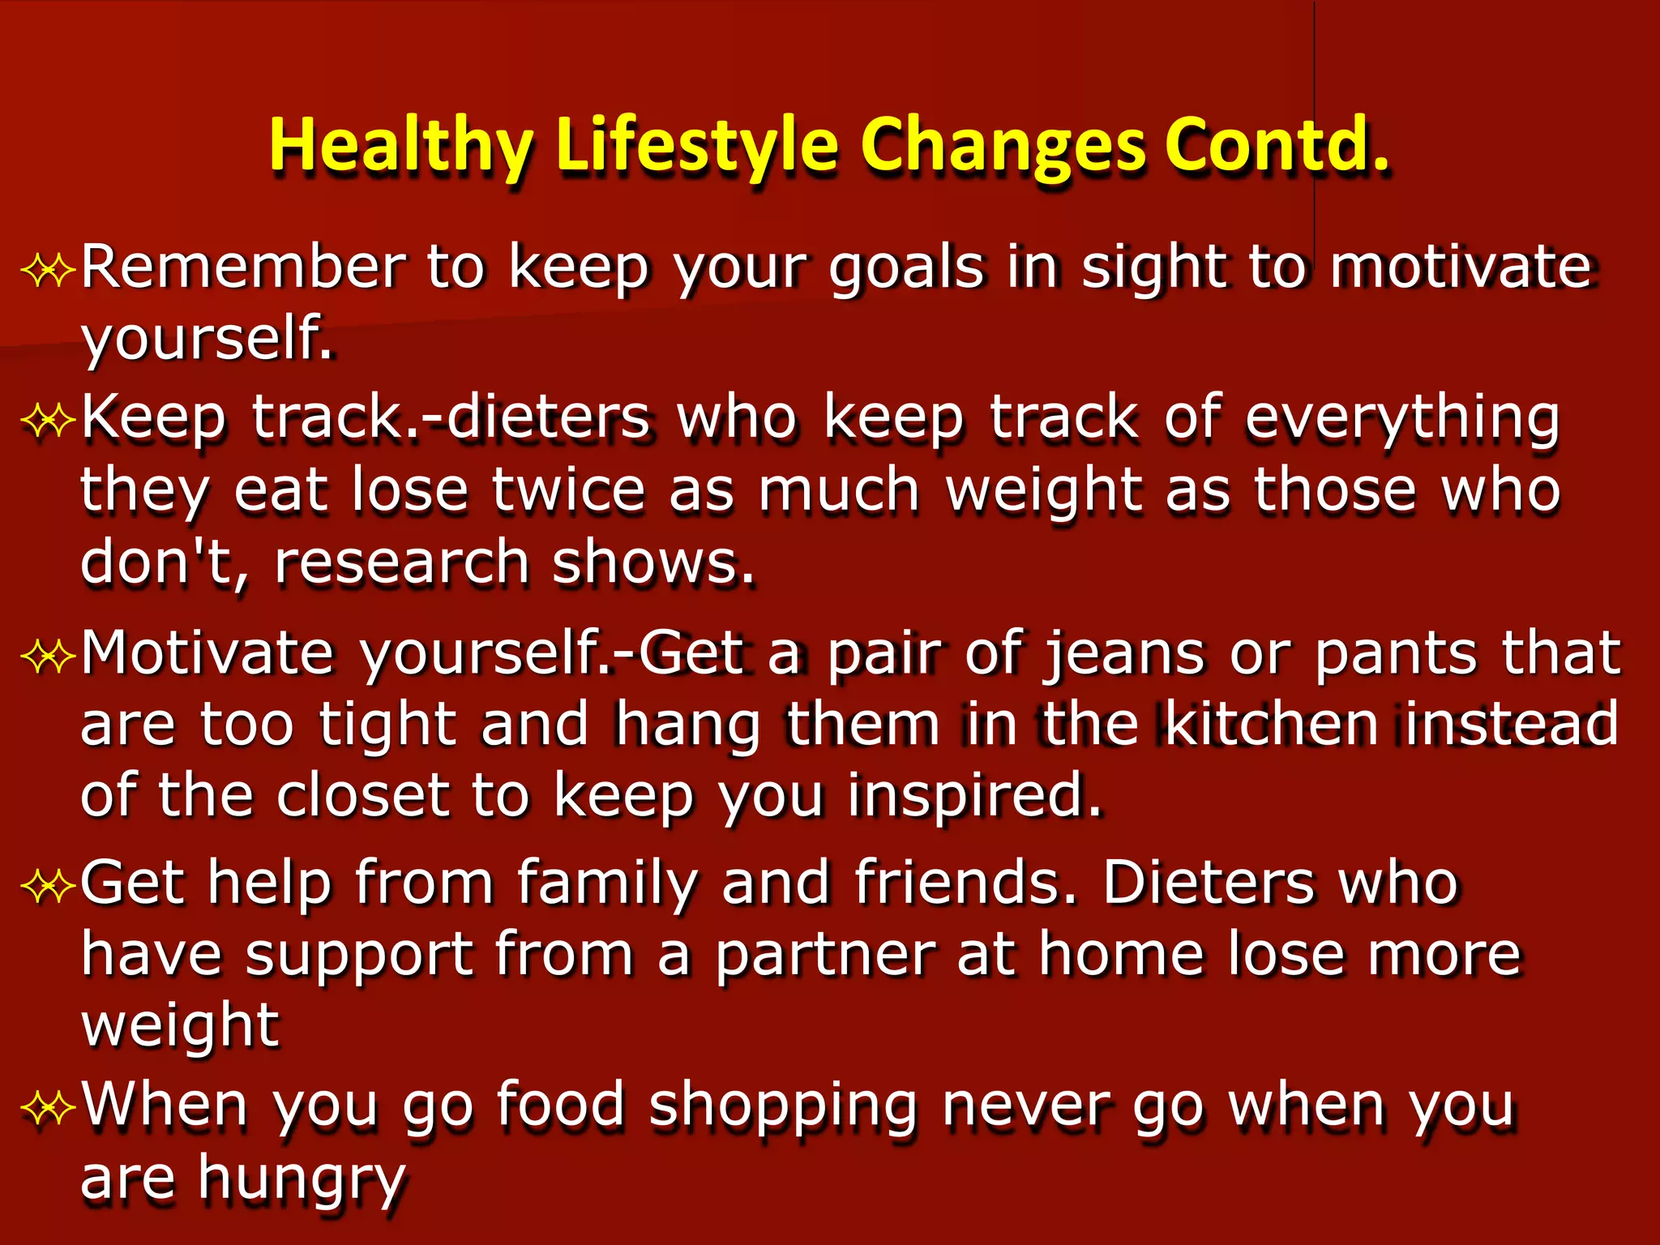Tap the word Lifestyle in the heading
pos(697,147)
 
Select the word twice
pos(567,491)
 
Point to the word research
pos(402,563)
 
